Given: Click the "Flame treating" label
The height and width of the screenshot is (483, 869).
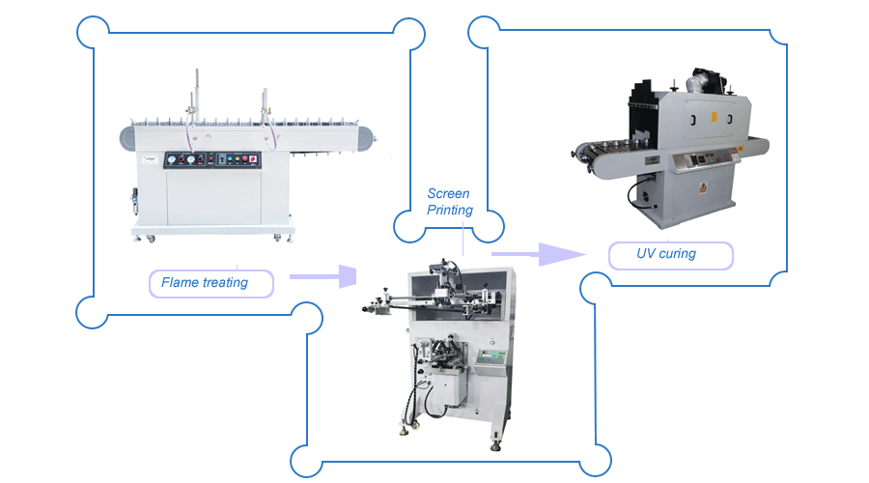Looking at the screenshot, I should (x=205, y=283).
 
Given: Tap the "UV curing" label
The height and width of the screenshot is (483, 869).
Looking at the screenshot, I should (x=666, y=255).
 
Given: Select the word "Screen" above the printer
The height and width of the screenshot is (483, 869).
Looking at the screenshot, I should (x=449, y=194).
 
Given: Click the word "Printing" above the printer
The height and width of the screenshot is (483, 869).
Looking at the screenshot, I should (x=450, y=210).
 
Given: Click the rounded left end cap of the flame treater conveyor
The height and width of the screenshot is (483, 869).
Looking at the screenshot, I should (x=126, y=138).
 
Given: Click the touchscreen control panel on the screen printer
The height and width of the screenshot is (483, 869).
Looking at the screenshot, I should (x=492, y=355).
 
